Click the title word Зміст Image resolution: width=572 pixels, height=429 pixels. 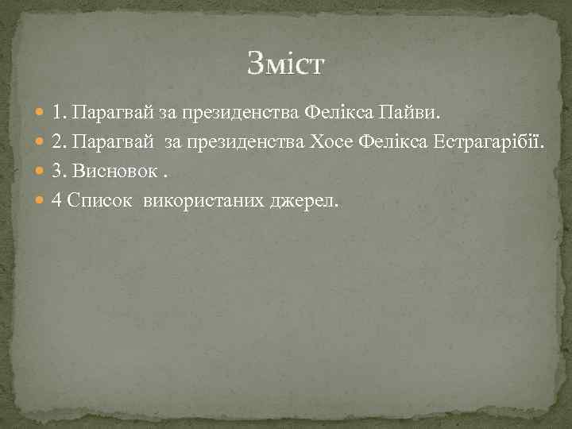point(285,63)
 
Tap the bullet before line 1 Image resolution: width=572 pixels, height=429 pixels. point(41,114)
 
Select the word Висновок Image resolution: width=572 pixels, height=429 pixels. point(111,172)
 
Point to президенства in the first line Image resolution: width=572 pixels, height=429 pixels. point(230,114)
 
